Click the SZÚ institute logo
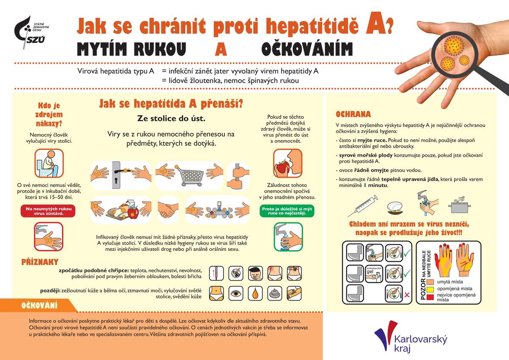(30, 32)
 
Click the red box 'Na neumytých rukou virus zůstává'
(49, 211)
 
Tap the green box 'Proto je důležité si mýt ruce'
(287, 211)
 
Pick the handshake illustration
(168, 208)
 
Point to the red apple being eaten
(281, 166)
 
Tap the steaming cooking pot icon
(459, 207)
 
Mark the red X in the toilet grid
(406, 294)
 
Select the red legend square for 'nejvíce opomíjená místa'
(430, 297)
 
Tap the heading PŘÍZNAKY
(40, 262)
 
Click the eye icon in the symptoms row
(236, 293)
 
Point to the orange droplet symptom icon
(255, 293)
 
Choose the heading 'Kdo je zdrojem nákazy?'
(50, 114)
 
